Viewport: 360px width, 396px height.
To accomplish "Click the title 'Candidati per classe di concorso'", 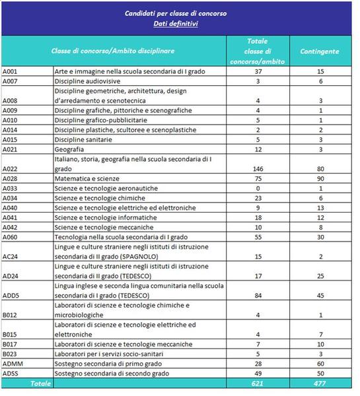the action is tap(176, 13).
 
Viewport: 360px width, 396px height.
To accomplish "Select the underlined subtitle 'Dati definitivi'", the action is tap(176, 24).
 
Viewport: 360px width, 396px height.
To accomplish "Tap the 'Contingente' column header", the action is tap(320, 51).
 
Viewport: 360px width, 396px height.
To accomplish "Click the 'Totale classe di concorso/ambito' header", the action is tap(258, 51).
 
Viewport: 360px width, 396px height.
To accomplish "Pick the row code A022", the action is tap(10, 169).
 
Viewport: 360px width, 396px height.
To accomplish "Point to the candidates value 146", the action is tap(258, 169).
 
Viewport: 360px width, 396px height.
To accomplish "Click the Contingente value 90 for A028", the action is tap(320, 179).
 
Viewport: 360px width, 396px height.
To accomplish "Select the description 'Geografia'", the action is tap(69, 150).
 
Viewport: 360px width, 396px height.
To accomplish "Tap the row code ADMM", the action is tap(13, 364).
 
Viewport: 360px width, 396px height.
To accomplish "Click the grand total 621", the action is tap(258, 383).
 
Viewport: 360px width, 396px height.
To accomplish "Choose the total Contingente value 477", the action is tap(320, 383).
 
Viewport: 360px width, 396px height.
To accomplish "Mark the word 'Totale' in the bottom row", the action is tap(40, 383).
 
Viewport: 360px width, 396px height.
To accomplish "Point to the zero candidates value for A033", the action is tap(258, 188).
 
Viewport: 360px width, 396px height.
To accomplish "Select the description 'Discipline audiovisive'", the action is tap(87, 81).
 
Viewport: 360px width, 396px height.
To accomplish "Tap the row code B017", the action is tap(10, 345).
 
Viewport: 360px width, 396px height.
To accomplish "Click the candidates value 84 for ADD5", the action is tap(258, 296).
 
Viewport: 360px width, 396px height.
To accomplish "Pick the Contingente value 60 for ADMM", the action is tap(320, 364).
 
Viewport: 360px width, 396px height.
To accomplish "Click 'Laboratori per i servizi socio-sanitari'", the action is tap(109, 354).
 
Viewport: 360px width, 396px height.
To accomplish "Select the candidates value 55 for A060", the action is tap(258, 237).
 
